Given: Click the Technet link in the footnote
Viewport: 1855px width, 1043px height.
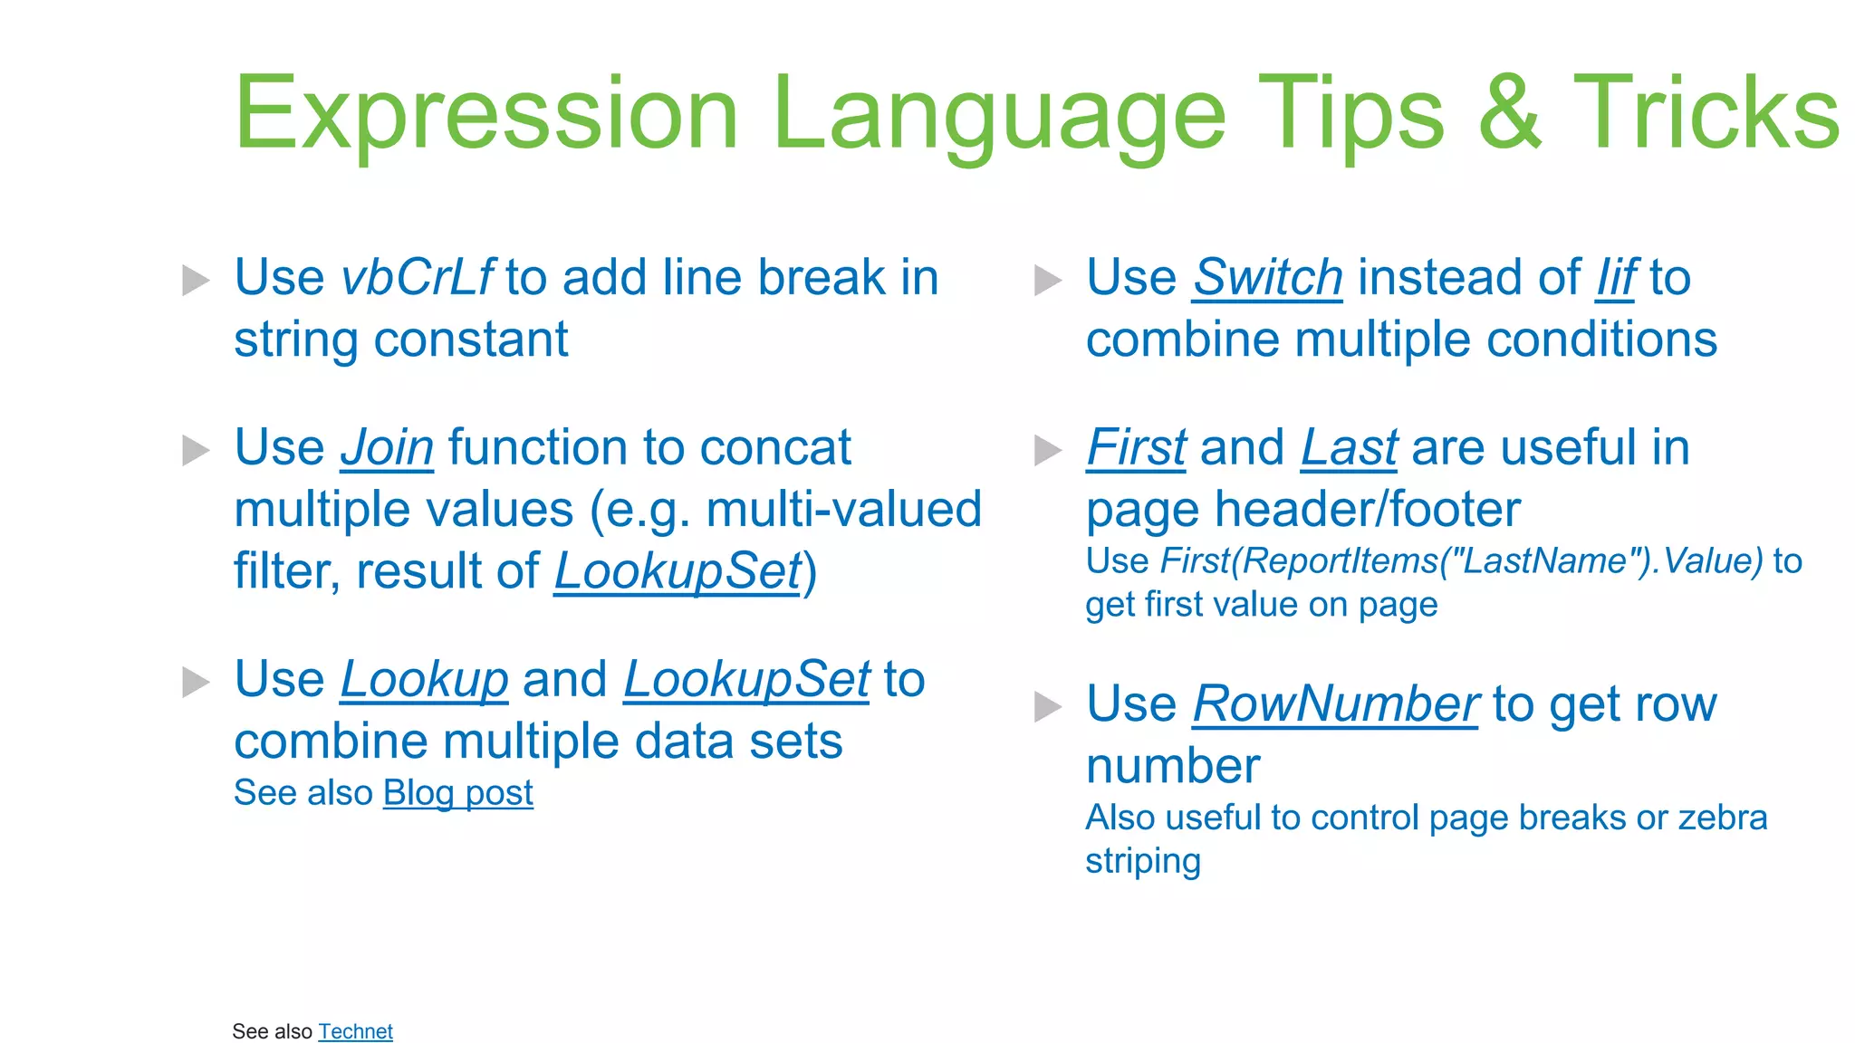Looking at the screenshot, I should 355,1031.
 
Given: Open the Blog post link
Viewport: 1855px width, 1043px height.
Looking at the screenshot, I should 457,793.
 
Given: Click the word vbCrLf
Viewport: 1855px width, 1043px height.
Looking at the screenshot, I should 417,278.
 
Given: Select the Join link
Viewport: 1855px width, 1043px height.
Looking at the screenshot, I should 387,448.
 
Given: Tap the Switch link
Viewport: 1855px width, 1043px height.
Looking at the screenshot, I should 1267,278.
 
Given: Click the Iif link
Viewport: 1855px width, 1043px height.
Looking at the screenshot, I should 1616,278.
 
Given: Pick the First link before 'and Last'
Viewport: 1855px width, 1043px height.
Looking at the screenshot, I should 1136,448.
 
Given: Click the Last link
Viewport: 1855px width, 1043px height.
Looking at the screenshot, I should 1349,448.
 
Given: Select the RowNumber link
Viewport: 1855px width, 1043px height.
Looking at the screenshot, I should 1335,704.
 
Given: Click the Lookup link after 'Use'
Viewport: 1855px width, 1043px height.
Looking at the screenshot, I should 424,680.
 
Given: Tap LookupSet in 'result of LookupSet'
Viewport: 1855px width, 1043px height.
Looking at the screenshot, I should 678,571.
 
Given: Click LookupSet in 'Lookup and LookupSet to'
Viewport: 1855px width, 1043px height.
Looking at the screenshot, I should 746,680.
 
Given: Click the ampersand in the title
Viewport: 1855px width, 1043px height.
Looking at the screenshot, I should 1509,113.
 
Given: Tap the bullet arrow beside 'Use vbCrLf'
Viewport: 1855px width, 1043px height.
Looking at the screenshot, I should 196,280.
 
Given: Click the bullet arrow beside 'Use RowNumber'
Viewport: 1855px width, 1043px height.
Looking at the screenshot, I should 1047,706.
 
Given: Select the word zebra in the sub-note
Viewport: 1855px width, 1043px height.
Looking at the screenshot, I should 1722,818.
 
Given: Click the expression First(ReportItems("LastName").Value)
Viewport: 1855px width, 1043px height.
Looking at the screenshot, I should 1461,561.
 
